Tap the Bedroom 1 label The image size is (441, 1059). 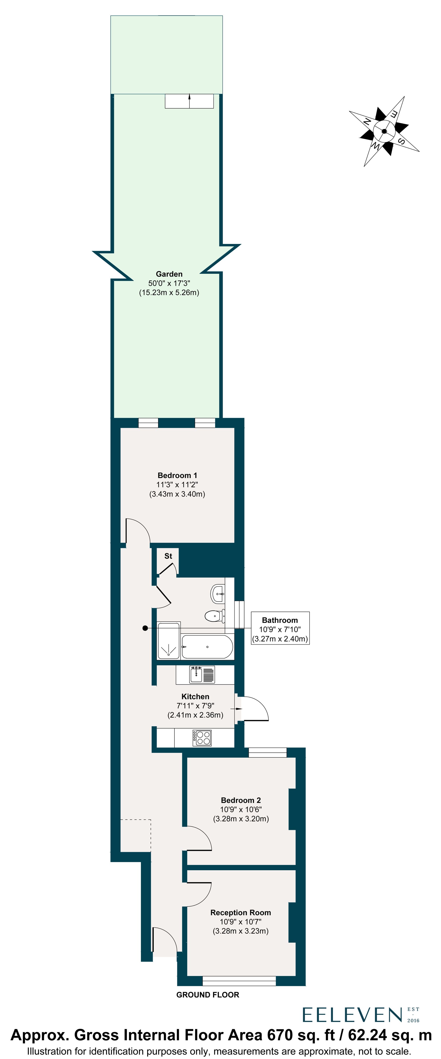coord(177,475)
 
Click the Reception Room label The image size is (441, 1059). coord(241,912)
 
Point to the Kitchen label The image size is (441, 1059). coord(195,697)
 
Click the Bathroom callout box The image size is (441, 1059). coord(280,628)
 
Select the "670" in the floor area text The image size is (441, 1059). coord(280,1035)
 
